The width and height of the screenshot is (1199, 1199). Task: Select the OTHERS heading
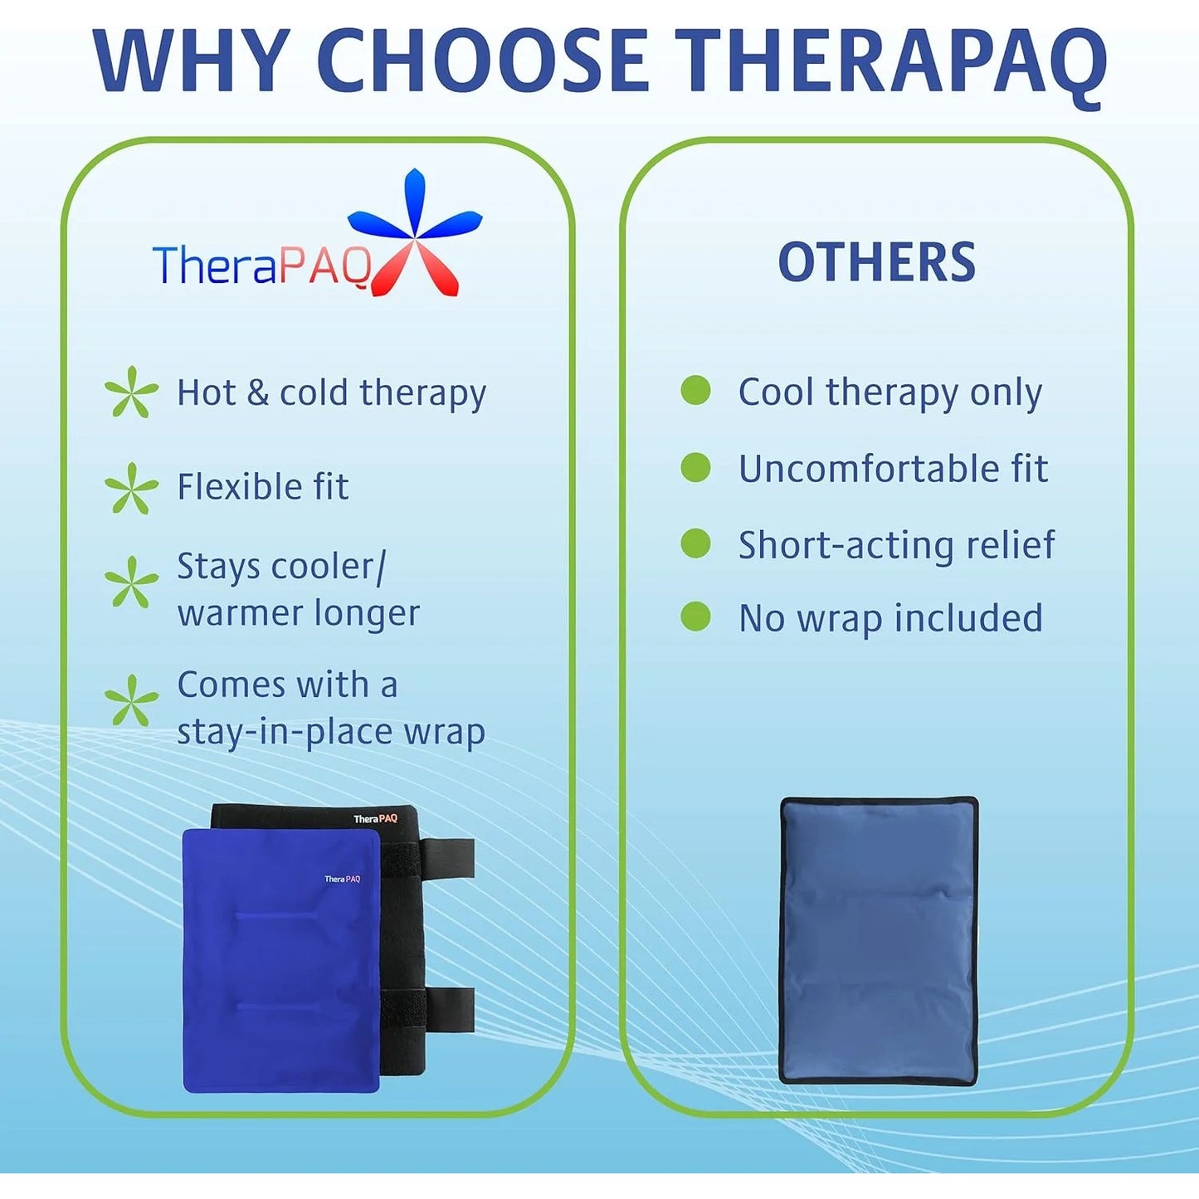point(876,262)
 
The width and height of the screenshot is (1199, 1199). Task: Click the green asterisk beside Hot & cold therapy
point(131,392)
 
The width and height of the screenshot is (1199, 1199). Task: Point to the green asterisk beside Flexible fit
point(131,488)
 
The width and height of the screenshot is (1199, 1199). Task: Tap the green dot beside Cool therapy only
point(695,390)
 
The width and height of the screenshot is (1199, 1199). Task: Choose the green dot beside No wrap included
point(695,617)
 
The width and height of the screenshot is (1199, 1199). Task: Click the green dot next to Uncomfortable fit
point(695,467)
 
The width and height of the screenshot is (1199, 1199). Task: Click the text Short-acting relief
point(896,545)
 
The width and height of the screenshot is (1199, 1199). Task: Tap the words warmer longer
point(298,614)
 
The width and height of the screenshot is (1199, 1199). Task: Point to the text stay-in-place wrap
point(330,732)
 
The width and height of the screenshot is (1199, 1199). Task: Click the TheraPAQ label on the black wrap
point(375,819)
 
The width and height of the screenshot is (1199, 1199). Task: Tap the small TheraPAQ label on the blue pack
point(342,879)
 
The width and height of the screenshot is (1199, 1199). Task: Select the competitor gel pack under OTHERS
point(879,940)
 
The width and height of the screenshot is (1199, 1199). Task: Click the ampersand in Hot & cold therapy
point(257,393)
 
